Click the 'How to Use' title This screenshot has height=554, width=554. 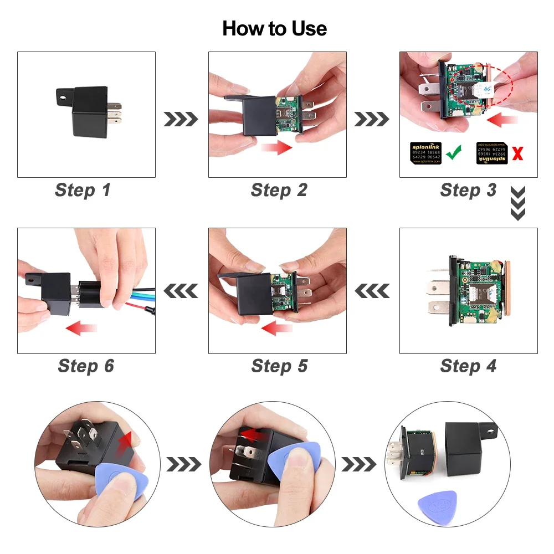274,28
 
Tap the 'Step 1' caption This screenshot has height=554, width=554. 83,190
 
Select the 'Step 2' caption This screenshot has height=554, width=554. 279,190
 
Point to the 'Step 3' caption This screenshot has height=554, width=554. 468,190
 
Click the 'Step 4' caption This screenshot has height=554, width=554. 468,366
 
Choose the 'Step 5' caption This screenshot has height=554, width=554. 279,366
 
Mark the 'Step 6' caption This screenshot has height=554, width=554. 86,366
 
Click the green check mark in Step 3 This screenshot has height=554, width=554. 454,152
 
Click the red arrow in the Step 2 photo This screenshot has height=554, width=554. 276,148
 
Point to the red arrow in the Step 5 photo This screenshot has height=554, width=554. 277,329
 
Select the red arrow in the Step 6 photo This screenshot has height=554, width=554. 81,329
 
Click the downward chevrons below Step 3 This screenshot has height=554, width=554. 517,203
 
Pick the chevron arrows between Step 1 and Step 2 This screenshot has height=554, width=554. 181,119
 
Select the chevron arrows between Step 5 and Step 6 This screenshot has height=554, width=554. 181,290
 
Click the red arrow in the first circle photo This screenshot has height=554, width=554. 126,440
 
